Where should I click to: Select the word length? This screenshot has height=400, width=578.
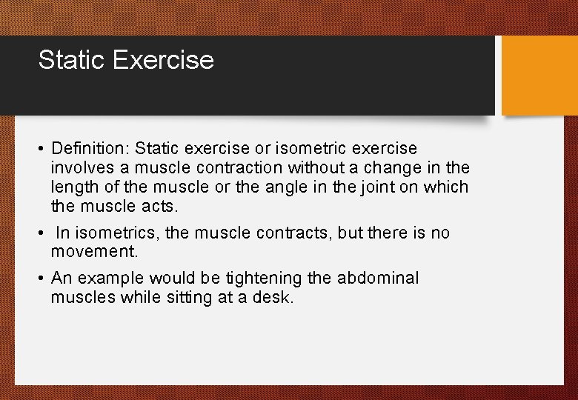point(73,187)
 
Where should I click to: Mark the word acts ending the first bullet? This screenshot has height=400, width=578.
point(162,206)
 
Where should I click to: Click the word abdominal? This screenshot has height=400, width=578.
point(377,279)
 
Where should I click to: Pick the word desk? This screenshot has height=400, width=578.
point(274,298)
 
